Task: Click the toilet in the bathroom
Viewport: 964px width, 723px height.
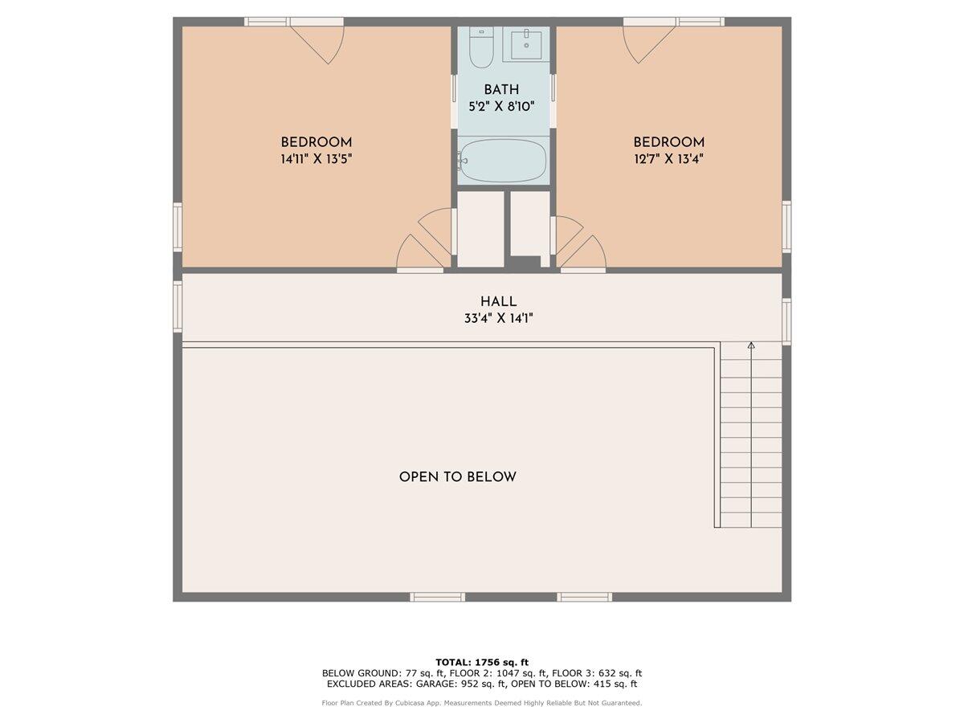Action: tap(480, 50)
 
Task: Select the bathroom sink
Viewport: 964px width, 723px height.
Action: tap(526, 44)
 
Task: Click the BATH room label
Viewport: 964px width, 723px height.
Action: tap(501, 89)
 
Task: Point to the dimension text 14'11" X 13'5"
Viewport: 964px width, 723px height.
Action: tap(317, 159)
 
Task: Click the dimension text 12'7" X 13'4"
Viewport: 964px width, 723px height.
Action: tap(669, 158)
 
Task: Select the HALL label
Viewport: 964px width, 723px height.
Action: tap(498, 301)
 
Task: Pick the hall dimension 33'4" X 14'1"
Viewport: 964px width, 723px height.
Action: tap(498, 318)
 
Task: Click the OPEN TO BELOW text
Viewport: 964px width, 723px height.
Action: tap(458, 477)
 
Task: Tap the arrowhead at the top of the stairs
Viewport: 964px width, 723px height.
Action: tap(751, 346)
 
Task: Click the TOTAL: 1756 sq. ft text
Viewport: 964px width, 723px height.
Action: tap(482, 662)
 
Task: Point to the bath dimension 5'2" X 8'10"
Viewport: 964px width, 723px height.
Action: tap(501, 105)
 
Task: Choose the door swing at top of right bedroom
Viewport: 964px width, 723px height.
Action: tap(647, 42)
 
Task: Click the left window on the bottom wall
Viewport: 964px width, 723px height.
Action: tap(438, 597)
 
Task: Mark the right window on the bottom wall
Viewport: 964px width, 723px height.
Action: tap(585, 597)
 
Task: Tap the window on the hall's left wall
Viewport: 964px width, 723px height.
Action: tap(178, 306)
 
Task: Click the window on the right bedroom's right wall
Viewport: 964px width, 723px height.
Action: tap(786, 227)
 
